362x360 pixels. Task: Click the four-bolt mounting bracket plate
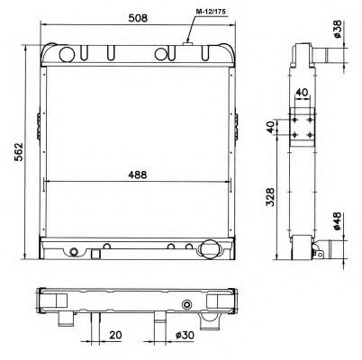301,126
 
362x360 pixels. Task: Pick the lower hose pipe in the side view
317,251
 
